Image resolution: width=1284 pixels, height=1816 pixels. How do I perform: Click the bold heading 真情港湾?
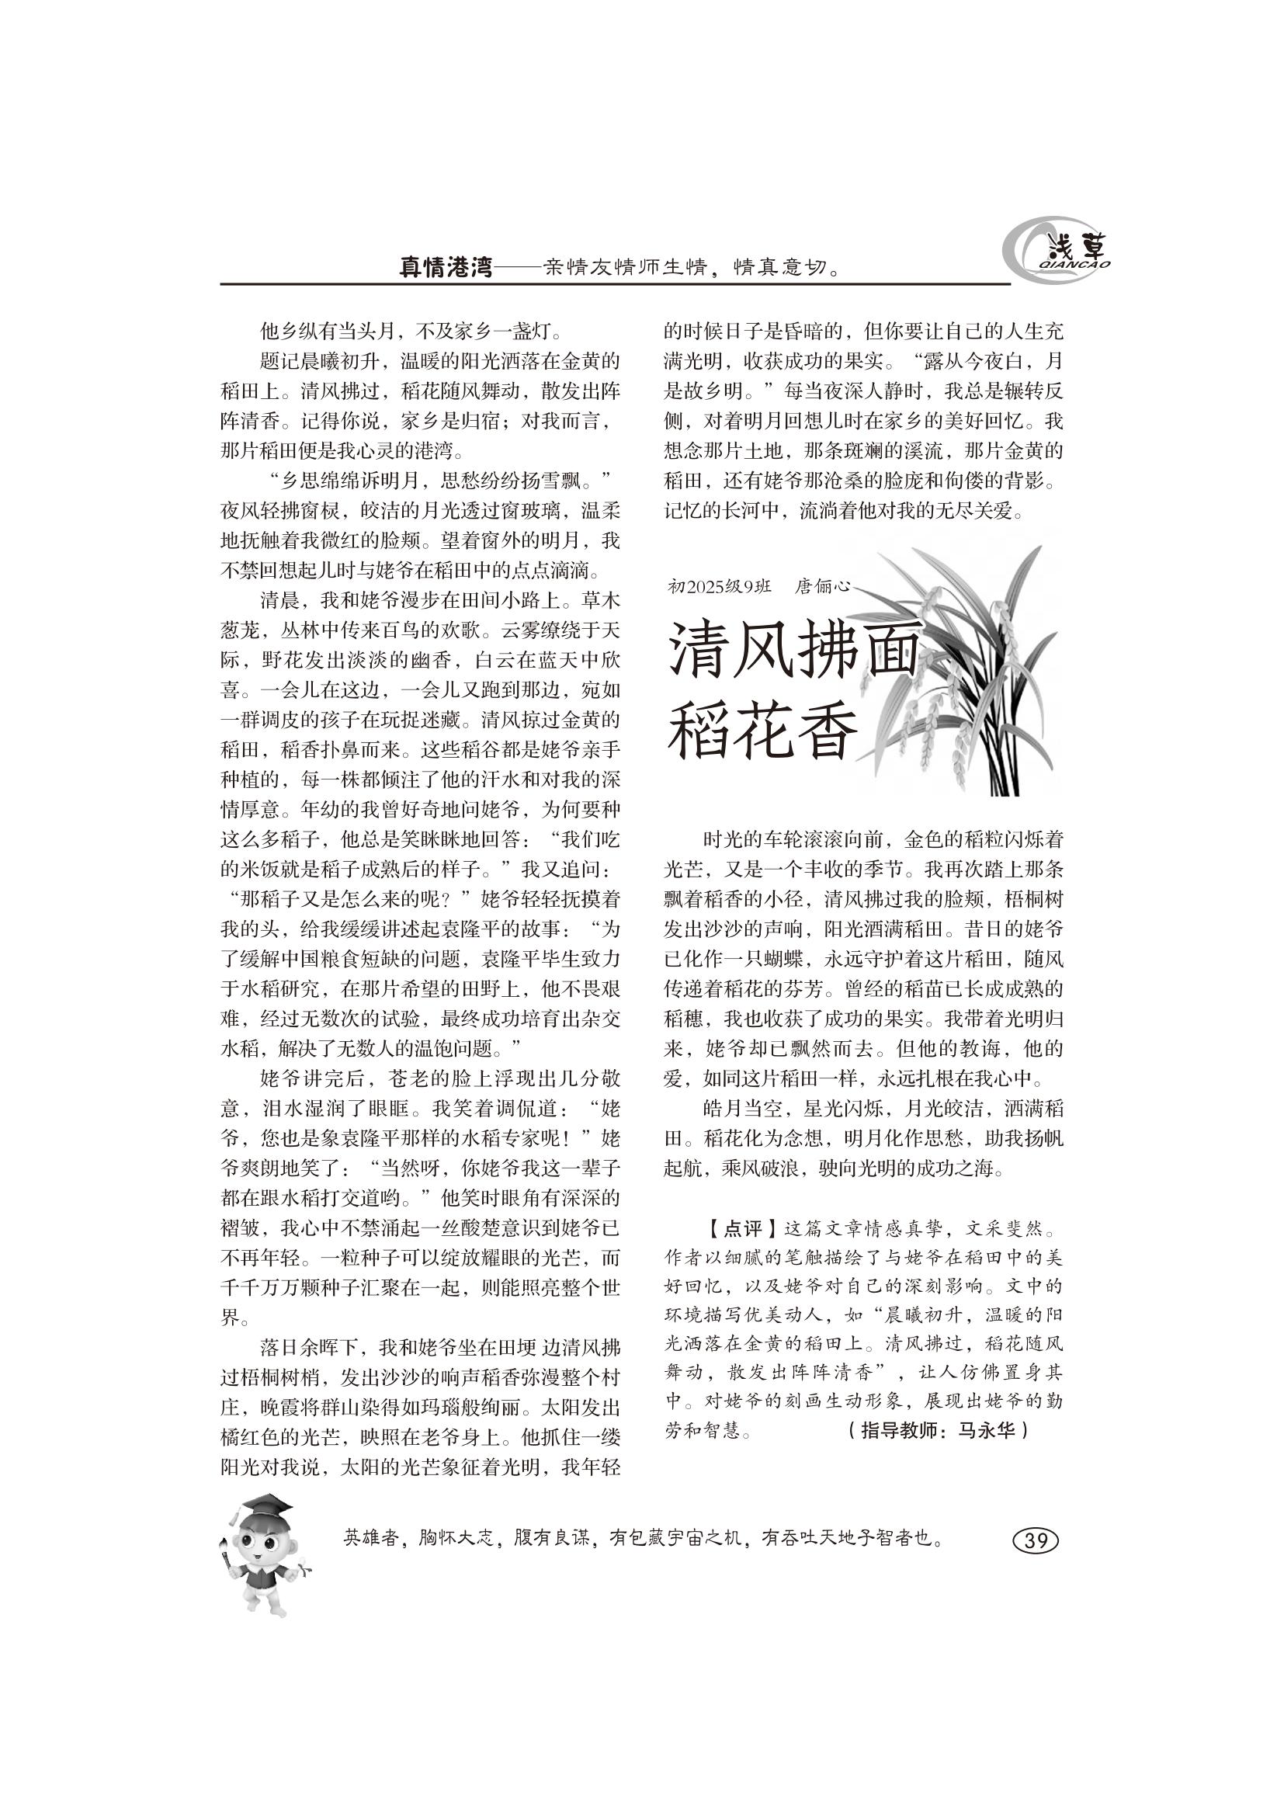point(445,268)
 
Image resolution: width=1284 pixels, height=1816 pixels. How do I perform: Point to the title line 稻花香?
point(762,733)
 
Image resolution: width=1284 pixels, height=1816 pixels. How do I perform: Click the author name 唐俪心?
point(822,587)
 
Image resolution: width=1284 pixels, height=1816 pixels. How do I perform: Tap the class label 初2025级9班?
point(719,587)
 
